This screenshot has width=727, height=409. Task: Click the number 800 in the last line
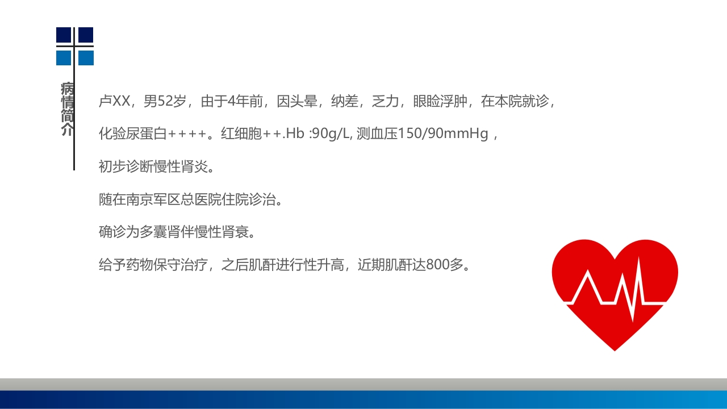pos(438,265)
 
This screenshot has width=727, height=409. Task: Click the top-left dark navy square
pos(64,35)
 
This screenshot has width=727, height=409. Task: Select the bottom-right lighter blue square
pos(86,58)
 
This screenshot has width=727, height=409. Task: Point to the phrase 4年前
pos(245,102)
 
